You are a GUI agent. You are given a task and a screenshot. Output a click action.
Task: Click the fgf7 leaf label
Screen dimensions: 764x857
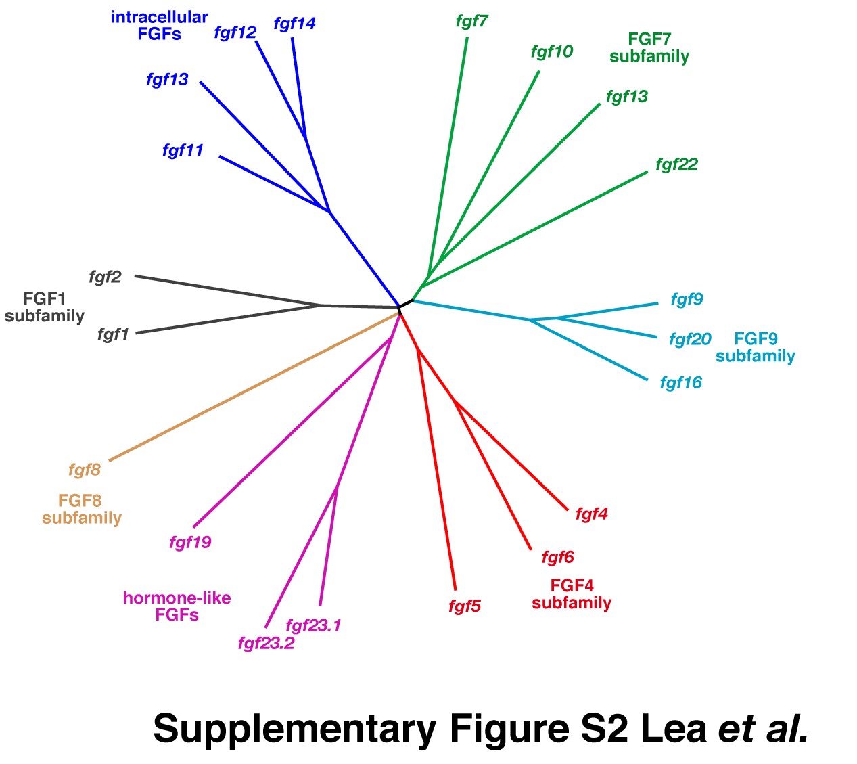coord(471,22)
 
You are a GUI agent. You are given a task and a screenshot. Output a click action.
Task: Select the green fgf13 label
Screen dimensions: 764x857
coord(626,97)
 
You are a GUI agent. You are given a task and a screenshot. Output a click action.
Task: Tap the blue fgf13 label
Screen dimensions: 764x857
coord(167,80)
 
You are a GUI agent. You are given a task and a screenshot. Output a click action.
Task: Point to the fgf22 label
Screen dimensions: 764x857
coord(676,164)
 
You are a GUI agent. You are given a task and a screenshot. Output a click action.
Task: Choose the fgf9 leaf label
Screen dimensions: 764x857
coord(687,299)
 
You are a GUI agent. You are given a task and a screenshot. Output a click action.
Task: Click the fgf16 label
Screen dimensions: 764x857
coord(680,383)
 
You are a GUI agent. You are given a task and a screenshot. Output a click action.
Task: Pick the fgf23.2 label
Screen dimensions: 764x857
coord(266,643)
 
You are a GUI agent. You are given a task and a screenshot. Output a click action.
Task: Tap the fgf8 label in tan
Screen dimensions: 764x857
coord(85,470)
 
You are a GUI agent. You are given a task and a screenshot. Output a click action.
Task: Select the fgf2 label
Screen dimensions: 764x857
coord(105,277)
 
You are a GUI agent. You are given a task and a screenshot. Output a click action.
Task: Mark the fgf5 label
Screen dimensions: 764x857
coord(464,606)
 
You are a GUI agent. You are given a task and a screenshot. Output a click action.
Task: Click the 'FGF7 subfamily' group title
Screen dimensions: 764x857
coord(649,48)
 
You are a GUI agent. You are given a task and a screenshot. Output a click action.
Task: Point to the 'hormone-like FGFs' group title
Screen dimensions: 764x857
coord(177,606)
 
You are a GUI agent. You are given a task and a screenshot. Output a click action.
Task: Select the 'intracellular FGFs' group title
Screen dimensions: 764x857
coord(159,26)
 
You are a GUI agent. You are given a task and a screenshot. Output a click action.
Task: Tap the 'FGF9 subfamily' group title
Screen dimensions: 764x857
coord(755,347)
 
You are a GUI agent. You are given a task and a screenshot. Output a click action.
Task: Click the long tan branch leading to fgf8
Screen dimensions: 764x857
coord(254,386)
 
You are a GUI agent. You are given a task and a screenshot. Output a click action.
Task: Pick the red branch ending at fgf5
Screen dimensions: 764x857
coord(437,467)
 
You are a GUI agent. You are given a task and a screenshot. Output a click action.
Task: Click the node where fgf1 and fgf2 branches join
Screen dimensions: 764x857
coord(319,305)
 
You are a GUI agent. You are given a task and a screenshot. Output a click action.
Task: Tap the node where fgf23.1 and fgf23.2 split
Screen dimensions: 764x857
coord(337,487)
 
